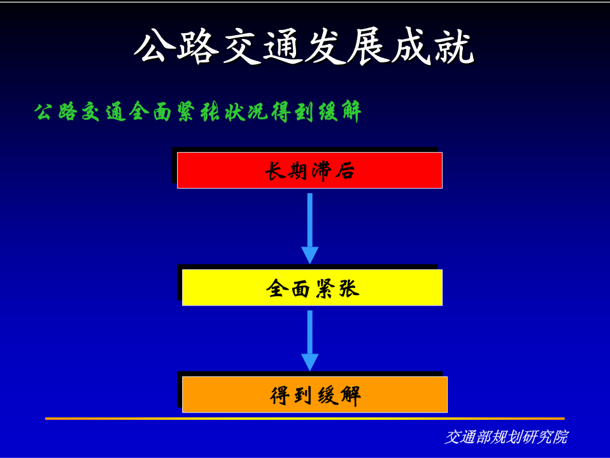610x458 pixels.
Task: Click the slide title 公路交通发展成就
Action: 304,46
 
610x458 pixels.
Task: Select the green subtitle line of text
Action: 197,111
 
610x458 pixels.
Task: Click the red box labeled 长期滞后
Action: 309,171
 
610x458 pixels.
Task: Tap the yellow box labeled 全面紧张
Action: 313,287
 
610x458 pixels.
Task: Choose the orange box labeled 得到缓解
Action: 315,394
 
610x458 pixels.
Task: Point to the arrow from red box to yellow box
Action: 310,229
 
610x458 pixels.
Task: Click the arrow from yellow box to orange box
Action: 310,341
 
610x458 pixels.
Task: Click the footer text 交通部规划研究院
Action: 506,437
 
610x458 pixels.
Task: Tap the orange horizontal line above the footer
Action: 304,419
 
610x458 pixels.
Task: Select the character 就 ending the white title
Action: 455,47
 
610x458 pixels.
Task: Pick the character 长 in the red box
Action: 275,171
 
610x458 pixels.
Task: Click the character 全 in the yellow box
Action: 276,289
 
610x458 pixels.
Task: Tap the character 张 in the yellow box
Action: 349,289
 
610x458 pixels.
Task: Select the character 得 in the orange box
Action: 280,396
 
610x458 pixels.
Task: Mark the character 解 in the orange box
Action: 351,396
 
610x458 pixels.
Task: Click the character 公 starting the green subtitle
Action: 43,112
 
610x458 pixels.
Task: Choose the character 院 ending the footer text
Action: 560,437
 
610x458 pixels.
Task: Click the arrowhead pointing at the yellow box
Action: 310,255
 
